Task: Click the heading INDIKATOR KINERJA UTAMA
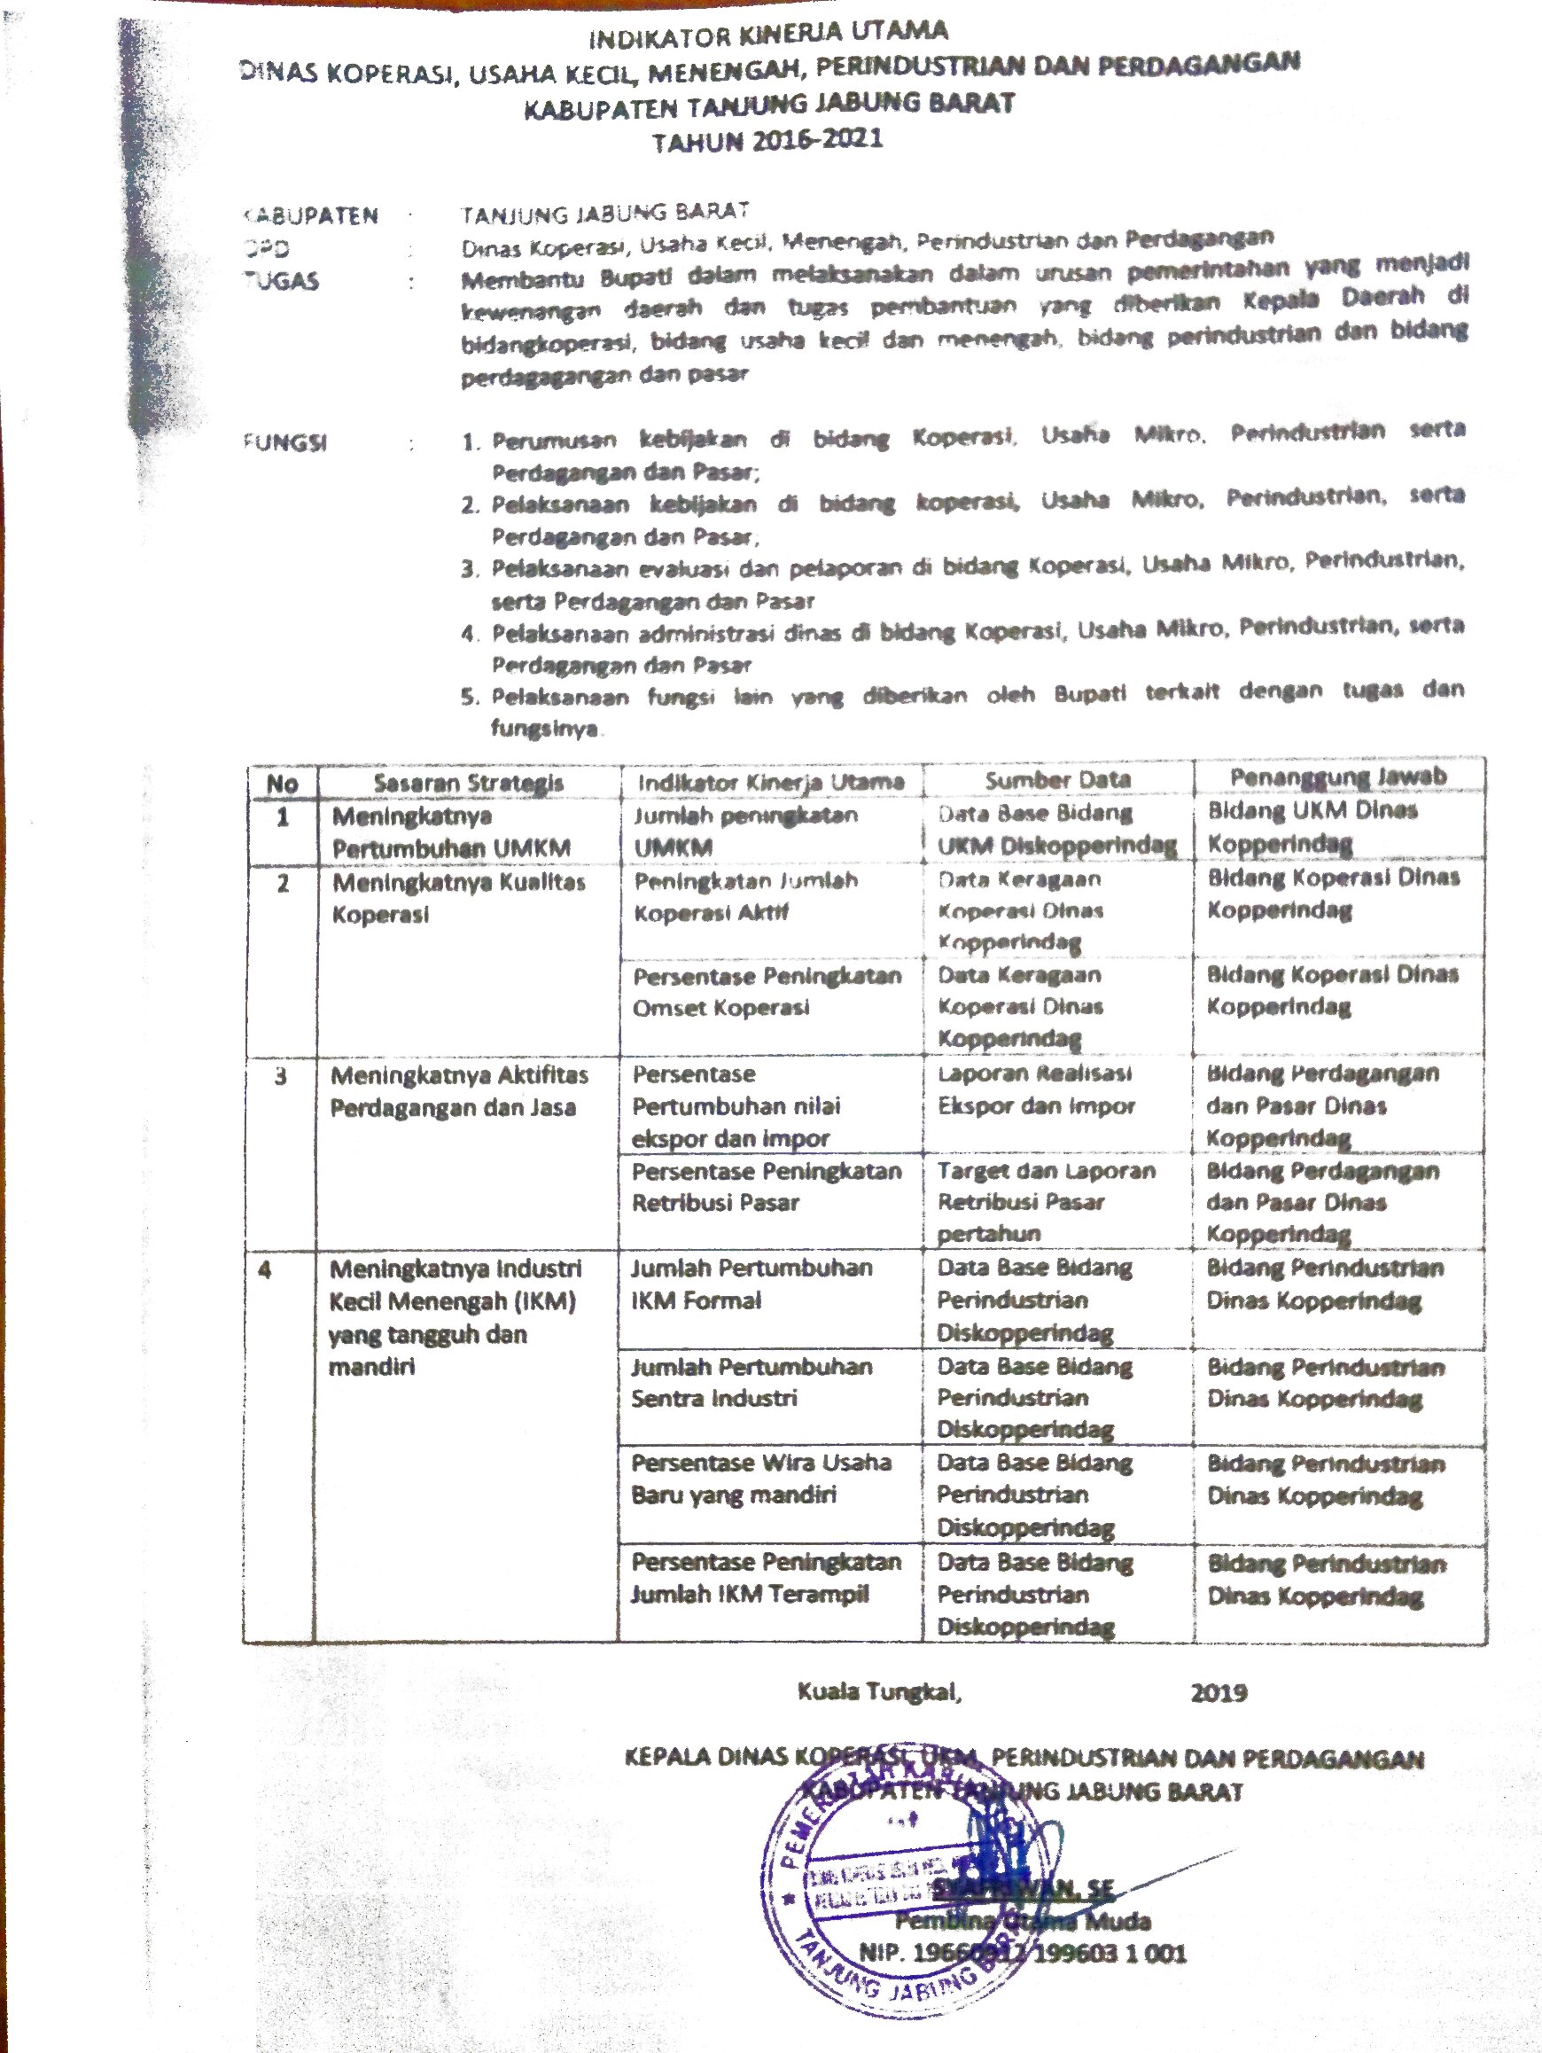769,35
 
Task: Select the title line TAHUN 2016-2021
767,141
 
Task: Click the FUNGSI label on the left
284,442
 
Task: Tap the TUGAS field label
281,281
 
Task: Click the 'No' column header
282,784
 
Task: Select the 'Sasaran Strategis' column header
469,783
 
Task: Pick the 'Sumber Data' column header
1058,779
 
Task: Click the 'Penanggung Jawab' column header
1338,777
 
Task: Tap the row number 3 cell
280,1077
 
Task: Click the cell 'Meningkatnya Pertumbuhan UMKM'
452,832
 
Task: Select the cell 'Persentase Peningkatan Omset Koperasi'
767,991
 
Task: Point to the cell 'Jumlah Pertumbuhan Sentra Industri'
751,1382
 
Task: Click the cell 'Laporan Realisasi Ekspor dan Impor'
1035,1089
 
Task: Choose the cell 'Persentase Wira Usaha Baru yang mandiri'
759,1479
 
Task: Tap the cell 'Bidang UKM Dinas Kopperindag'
1312,826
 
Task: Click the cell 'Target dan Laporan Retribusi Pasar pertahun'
1046,1202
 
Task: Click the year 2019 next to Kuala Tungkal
1219,1693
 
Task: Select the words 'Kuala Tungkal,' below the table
878,1692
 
